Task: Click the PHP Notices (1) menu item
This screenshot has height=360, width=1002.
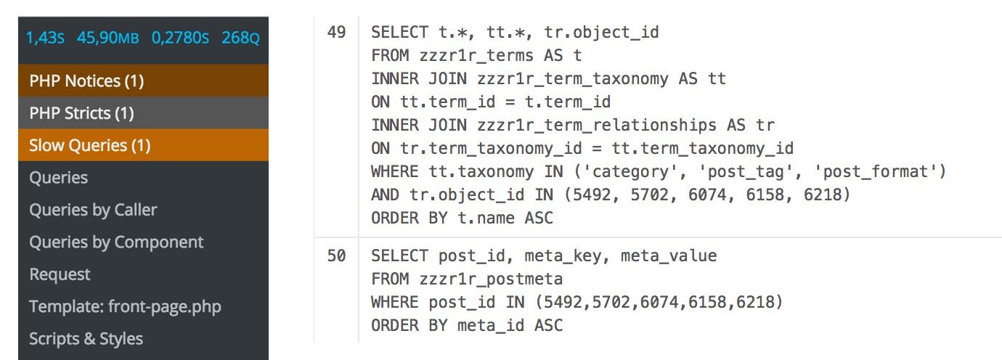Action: [143, 81]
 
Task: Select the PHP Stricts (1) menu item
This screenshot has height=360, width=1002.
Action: [143, 113]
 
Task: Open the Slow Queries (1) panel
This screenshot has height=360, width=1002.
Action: [143, 145]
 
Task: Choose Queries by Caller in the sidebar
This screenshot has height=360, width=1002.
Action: [93, 210]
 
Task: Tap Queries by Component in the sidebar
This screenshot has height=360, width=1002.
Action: [116, 242]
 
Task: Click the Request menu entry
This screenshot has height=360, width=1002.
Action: [60, 274]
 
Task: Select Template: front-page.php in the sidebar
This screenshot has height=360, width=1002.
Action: [125, 307]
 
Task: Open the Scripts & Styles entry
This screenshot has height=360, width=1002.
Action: [86, 338]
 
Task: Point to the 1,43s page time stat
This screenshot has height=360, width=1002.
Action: [45, 38]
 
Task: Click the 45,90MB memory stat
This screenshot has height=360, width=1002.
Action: [107, 38]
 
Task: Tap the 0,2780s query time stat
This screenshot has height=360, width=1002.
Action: [180, 38]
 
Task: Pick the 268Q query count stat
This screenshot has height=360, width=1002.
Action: [240, 38]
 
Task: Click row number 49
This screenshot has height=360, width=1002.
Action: [336, 32]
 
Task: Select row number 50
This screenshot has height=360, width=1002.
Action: [336, 255]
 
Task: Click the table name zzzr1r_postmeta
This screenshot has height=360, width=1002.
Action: [491, 279]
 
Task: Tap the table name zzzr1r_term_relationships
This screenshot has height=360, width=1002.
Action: [597, 126]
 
